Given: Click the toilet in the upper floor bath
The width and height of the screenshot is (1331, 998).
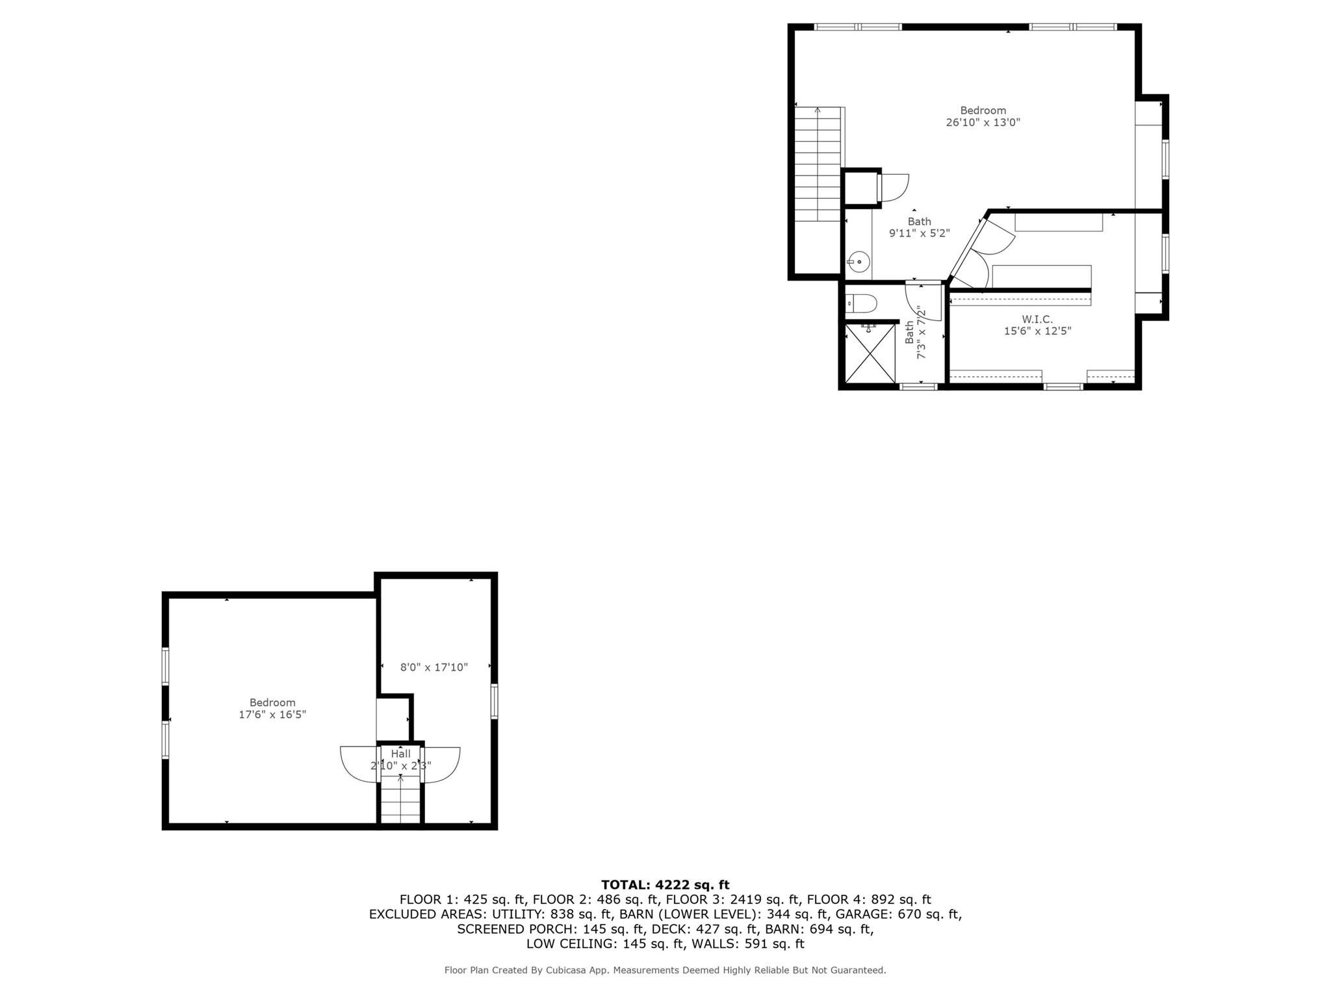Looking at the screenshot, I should coord(862,303).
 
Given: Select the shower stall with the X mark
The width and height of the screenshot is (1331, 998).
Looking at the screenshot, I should coord(870,353).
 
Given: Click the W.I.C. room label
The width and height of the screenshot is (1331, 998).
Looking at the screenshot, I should coord(1037,319).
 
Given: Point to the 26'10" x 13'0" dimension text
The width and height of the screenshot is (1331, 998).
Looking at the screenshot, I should coord(983,122).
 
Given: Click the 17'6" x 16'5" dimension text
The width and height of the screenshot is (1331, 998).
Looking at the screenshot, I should coord(272,714).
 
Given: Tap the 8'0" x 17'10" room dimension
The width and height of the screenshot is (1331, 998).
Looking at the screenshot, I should coord(433,667).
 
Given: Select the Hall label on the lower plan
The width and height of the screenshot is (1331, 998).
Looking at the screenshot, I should coord(400,754).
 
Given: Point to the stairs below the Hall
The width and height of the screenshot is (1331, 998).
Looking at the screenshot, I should coord(400,802).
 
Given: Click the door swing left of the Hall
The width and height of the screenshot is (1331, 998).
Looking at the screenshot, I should coord(358,763).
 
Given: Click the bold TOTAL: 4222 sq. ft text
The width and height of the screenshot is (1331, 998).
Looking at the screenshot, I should coord(665,884).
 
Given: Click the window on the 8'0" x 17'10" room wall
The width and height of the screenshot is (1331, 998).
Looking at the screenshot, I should coord(494,701).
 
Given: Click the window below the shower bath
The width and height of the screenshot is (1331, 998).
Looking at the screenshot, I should coord(918,387).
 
